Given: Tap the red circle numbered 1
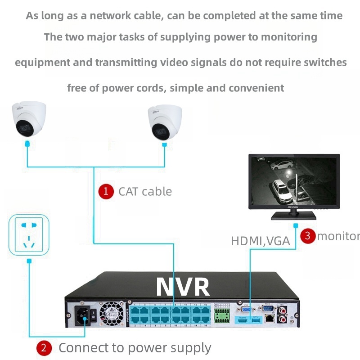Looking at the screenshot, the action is click(106, 191).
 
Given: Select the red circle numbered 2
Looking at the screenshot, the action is click(44, 348).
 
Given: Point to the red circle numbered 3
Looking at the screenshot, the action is click(308, 235).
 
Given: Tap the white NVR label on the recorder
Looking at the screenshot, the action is click(182, 287).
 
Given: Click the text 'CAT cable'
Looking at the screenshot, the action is click(145, 191).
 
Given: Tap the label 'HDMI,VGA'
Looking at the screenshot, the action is click(260, 241).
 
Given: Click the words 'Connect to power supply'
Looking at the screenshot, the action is click(135, 348).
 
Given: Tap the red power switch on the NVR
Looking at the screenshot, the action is click(93, 312).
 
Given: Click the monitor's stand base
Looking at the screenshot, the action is click(293, 216).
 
